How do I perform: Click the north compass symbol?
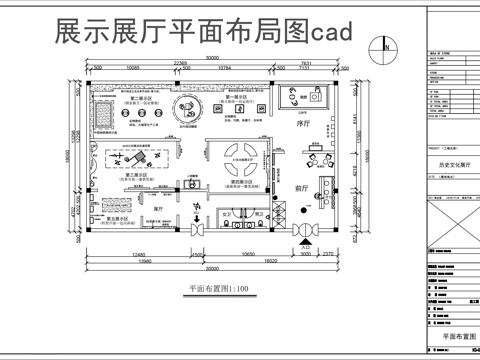pos(384,43)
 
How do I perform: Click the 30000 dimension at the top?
pos(212,58)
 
